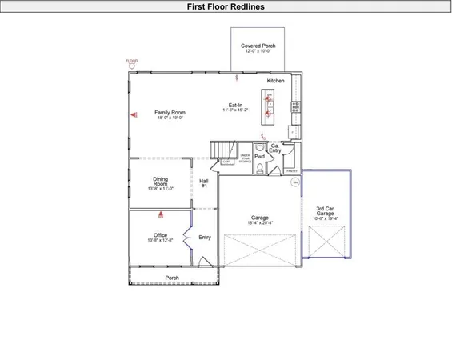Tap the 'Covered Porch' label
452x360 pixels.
point(258,46)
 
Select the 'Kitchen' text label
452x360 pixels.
point(276,82)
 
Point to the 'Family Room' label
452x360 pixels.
point(170,113)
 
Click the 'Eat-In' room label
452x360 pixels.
point(235,105)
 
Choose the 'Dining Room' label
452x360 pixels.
point(160,182)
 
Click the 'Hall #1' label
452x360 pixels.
point(204,183)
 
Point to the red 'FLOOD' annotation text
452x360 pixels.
point(132,61)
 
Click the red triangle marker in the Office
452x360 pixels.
point(160,214)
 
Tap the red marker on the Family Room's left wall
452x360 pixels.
point(133,114)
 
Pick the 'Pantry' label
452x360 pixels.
point(291,170)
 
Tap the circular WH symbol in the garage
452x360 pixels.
point(294,183)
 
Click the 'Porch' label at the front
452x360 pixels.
point(171,278)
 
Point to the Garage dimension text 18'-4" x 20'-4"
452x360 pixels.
point(259,223)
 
